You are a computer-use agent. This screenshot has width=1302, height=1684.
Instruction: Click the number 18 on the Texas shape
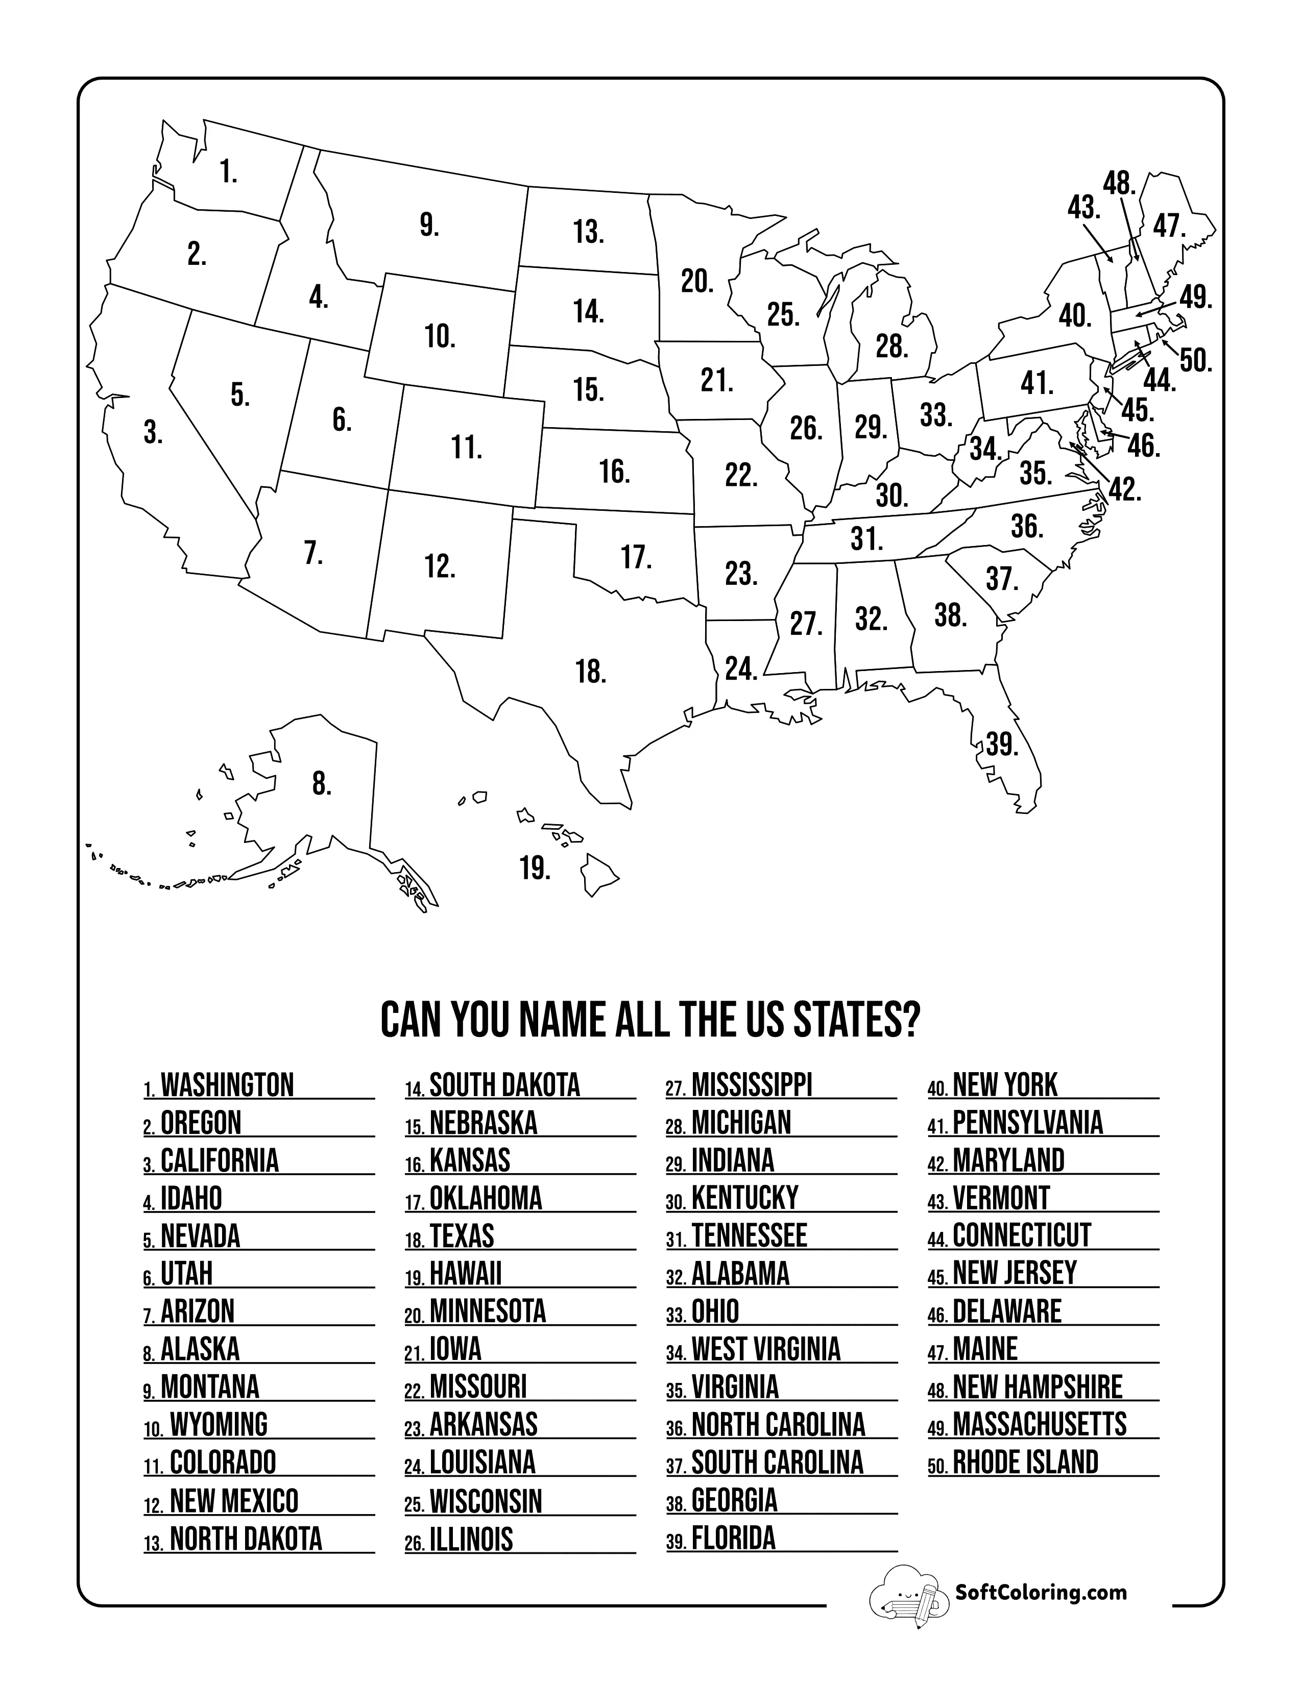tap(591, 672)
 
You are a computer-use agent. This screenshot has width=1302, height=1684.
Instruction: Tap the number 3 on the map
tap(153, 433)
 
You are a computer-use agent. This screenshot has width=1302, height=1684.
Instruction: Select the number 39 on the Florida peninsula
tap(1002, 745)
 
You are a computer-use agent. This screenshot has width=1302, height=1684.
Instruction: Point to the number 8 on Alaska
tap(322, 784)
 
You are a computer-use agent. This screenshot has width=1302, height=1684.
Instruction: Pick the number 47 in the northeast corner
tap(1169, 226)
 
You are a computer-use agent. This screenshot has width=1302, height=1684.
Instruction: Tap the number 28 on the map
tap(891, 347)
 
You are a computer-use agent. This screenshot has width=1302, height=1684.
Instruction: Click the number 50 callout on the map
tap(1196, 360)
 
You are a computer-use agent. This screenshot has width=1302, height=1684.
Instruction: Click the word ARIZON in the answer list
tap(198, 1311)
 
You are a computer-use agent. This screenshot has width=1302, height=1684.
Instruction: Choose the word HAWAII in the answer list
tap(465, 1274)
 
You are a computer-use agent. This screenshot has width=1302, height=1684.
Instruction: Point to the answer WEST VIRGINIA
tap(765, 1349)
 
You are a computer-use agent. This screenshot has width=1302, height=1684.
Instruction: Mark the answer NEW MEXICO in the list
tap(234, 1500)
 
